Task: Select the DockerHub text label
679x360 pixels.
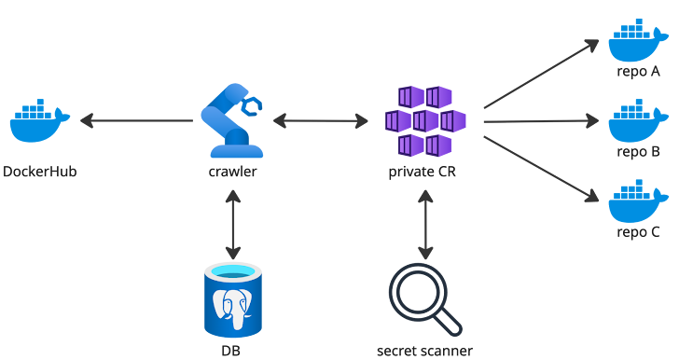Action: coord(39,172)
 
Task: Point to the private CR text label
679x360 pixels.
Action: coord(425,172)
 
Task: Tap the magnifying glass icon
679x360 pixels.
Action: coord(425,298)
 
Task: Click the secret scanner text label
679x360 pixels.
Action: coord(425,351)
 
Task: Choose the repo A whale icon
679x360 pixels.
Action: coord(638,41)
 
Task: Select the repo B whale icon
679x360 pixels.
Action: coord(638,121)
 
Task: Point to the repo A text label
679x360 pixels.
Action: coord(638,71)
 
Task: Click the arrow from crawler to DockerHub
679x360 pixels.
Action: coord(136,121)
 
